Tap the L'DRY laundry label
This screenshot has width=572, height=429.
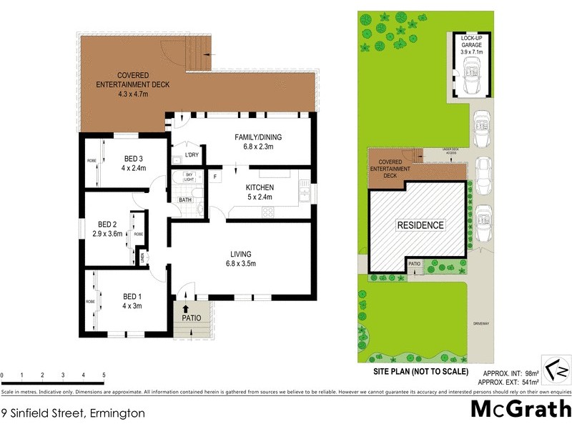(x=191, y=155)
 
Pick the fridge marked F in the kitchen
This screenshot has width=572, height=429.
(x=214, y=175)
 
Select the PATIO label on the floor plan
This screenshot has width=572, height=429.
(x=191, y=318)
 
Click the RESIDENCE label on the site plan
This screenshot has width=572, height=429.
(x=420, y=225)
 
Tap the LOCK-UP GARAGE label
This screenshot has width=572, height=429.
(x=471, y=44)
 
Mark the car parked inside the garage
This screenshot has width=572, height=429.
(x=471, y=76)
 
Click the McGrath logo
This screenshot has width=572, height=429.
(x=520, y=409)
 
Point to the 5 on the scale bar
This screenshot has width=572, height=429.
(x=104, y=375)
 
